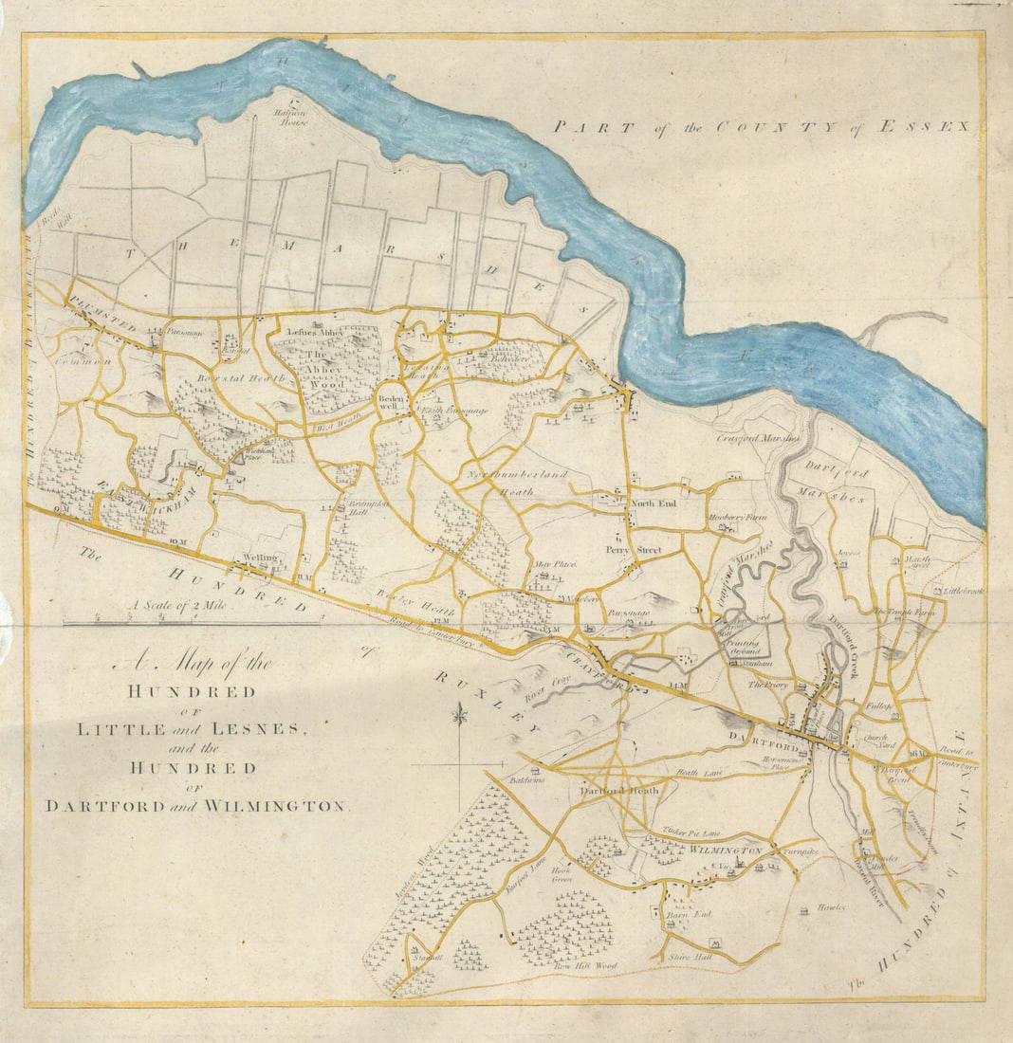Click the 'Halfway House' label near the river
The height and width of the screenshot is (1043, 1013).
point(290,118)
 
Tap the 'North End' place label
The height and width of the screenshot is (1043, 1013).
point(654,503)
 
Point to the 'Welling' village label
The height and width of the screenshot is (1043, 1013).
point(260,558)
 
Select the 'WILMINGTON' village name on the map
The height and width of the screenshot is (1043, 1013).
point(727,851)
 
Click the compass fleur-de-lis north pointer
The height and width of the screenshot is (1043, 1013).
point(460,714)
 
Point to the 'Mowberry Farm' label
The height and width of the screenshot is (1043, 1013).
point(736,518)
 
